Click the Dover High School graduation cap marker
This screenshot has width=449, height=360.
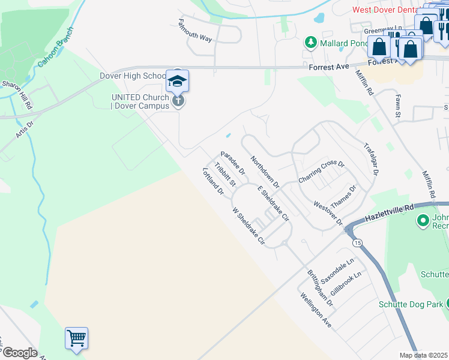pos(177,81)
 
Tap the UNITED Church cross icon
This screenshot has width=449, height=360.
pos(178,101)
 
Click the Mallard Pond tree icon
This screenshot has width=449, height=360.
pos(311,43)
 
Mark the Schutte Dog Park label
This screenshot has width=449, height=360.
pos(411,304)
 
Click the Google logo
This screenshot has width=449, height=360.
pos(19,353)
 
